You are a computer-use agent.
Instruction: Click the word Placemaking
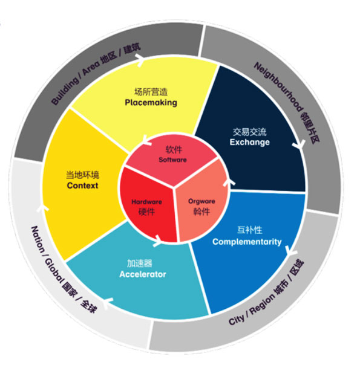151,102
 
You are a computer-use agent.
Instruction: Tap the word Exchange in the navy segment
249,142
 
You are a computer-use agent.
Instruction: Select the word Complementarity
247,242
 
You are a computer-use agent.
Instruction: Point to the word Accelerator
143,274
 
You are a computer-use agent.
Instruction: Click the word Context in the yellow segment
82,186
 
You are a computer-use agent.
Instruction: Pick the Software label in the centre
172,160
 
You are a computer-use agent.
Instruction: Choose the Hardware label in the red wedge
146,202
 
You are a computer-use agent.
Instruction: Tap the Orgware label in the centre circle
201,201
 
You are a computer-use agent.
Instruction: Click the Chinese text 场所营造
151,92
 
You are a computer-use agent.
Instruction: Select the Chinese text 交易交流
249,132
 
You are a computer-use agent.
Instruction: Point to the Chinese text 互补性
249,230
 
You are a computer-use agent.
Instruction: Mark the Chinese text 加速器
139,263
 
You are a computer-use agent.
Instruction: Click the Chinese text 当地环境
82,175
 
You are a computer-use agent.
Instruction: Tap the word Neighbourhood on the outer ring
279,87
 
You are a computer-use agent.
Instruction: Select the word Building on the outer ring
65,91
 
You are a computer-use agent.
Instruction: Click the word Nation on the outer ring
38,239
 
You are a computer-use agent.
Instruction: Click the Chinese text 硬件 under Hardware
146,212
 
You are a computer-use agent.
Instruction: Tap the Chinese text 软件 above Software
174,150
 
